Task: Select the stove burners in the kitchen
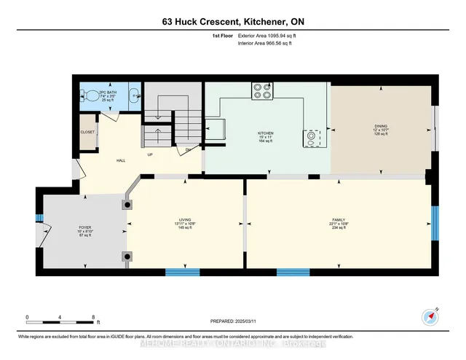tap(262, 90)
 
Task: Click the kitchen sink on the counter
tap(312, 138)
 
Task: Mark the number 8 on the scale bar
tap(93, 317)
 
